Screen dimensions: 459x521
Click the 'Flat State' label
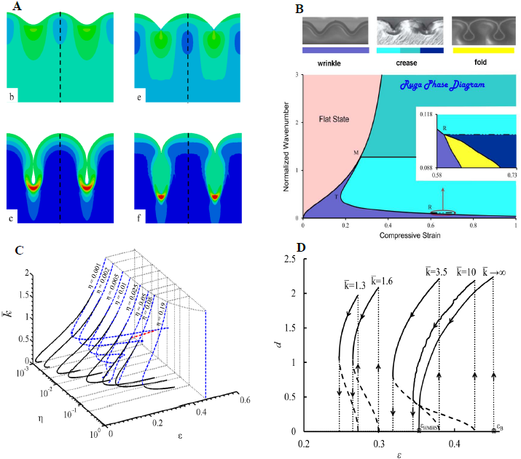point(332,117)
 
